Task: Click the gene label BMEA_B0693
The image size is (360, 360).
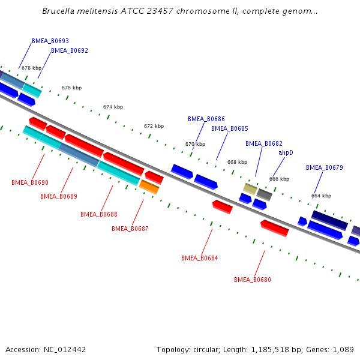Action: [50, 41]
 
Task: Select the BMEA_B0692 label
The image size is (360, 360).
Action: [70, 51]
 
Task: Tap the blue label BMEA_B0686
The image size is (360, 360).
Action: [206, 119]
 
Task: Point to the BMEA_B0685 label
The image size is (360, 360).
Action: [230, 129]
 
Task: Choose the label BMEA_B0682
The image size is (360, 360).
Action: [264, 143]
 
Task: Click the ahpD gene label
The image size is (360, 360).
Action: [286, 153]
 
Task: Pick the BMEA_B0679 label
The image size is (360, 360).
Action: [325, 167]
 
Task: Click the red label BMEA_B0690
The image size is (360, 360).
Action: [30, 182]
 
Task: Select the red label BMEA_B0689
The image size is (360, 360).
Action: [59, 196]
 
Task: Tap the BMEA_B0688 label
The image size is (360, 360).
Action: [99, 214]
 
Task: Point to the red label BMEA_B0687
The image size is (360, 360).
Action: [130, 229]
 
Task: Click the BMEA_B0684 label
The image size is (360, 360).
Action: [200, 258]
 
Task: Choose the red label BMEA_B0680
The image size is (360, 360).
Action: [253, 280]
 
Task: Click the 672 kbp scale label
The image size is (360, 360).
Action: [154, 127]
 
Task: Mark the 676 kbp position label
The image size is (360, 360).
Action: [71, 88]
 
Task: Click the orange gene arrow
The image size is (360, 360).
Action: [149, 187]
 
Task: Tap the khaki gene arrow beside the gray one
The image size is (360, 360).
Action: [250, 189]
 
